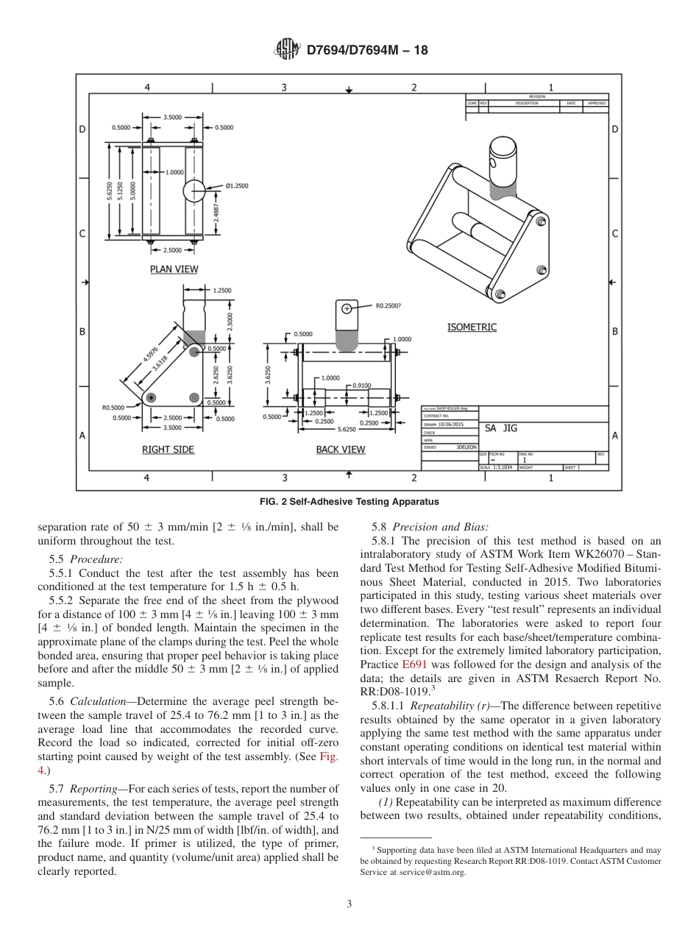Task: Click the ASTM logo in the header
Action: click(287, 49)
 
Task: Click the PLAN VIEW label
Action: click(174, 269)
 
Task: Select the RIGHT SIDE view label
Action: click(168, 450)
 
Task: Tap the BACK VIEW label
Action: click(341, 450)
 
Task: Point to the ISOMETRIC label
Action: click(472, 327)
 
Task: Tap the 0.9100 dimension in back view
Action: click(361, 385)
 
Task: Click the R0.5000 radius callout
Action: click(113, 407)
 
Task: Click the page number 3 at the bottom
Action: click(349, 904)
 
